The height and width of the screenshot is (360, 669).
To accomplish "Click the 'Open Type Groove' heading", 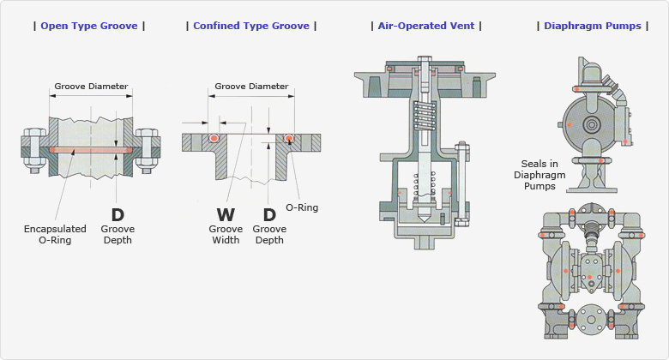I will click(89, 26).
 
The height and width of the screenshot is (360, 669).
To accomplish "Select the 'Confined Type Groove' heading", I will click(251, 26).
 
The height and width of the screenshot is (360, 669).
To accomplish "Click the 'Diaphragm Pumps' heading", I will click(593, 26).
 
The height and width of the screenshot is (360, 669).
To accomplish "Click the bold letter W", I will click(225, 215).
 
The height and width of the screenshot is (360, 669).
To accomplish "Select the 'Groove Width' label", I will click(226, 234).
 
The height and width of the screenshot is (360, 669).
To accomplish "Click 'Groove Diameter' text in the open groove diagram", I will click(91, 87).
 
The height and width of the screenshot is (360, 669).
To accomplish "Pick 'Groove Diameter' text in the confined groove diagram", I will click(251, 87).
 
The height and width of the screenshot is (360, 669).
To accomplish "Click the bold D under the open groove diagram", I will click(118, 215).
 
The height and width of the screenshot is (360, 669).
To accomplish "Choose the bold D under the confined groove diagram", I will click(269, 215).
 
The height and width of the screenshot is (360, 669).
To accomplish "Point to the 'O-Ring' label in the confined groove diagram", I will click(300, 207).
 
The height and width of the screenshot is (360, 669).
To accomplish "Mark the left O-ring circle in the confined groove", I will click(213, 138).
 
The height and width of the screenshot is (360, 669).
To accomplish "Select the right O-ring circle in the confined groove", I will click(289, 138).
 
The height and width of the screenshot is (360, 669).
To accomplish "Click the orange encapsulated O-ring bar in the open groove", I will click(91, 150).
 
